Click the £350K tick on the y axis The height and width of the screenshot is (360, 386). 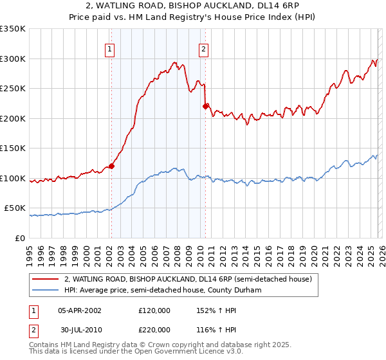click(x=13, y=29)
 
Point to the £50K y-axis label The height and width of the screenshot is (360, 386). click(x=15, y=208)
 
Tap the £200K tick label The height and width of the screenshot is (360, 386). click(x=13, y=118)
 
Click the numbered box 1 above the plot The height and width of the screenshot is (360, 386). click(x=110, y=49)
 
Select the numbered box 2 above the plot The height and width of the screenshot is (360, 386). click(x=204, y=49)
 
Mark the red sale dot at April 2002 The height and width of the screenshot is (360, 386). click(x=111, y=166)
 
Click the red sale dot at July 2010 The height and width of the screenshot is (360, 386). click(x=205, y=106)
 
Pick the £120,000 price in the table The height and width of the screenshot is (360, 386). click(x=154, y=310)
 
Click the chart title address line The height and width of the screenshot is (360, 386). click(x=193, y=6)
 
